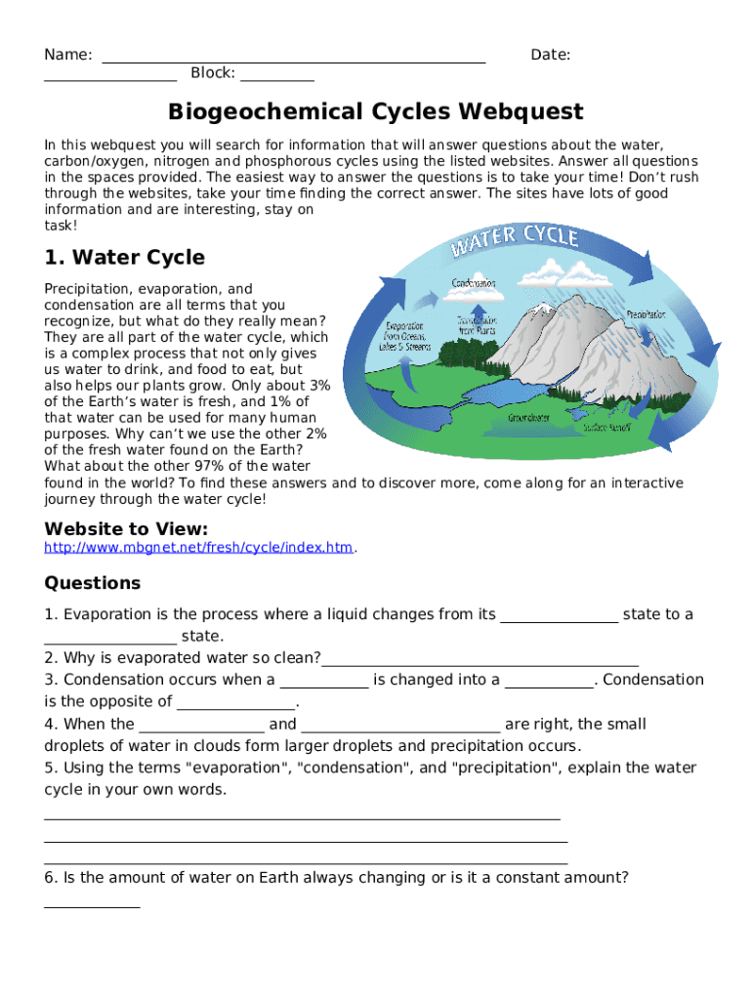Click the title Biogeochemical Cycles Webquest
pyautogui.click(x=375, y=111)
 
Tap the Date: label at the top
pyautogui.click(x=550, y=55)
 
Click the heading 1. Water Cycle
pyautogui.click(x=124, y=258)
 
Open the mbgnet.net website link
pyautogui.click(x=198, y=548)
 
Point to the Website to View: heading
pyautogui.click(x=126, y=528)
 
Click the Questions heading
pyautogui.click(x=92, y=583)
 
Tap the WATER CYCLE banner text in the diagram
pyautogui.click(x=514, y=240)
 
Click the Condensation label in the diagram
pyautogui.click(x=473, y=283)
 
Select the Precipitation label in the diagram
pyautogui.click(x=646, y=314)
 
